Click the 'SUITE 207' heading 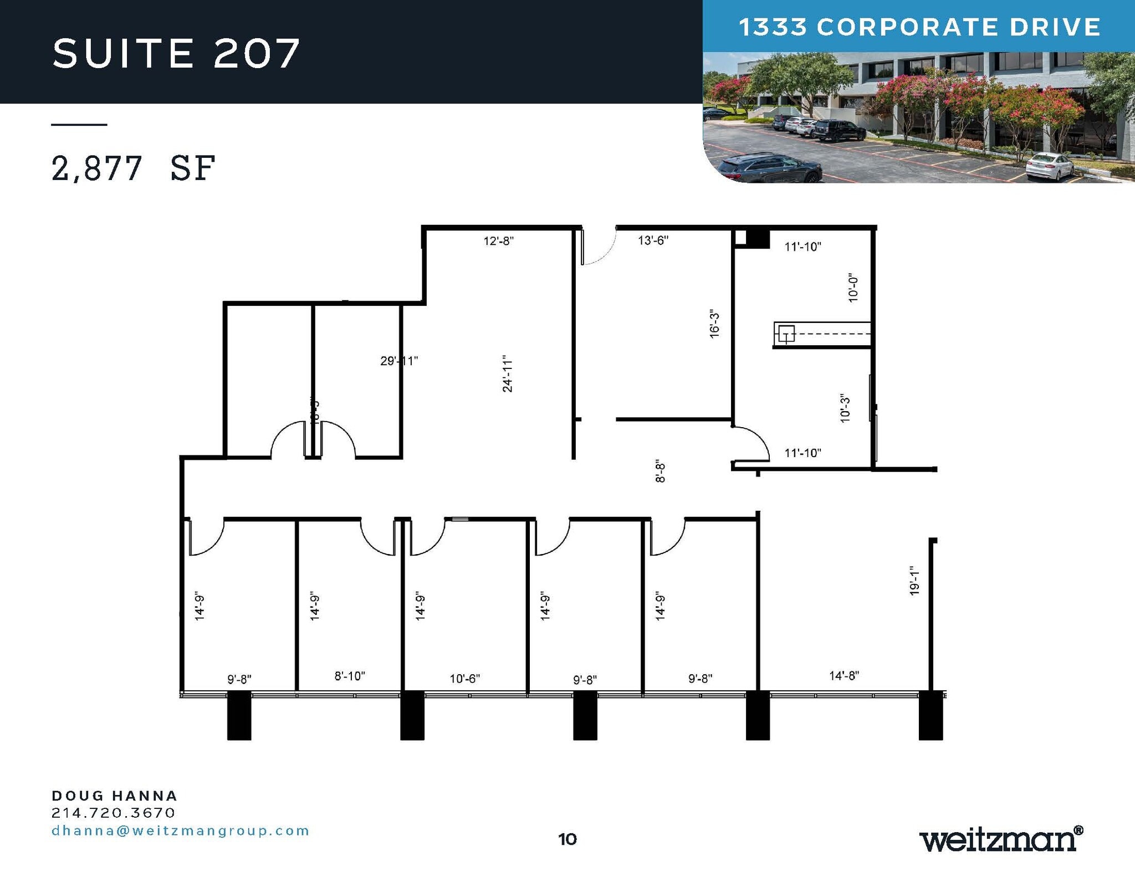176,54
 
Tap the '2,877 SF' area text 133,168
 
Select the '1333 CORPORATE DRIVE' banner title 919,27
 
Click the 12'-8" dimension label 498,241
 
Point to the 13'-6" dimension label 653,240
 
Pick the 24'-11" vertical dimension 508,375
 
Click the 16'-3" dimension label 714,325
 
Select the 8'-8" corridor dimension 660,471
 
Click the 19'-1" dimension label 914,581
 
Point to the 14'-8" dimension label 843,675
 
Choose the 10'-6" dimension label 464,679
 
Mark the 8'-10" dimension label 350,676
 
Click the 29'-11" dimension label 399,361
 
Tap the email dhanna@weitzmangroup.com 181,830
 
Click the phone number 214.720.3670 114,813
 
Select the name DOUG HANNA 115,796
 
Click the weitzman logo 1001,839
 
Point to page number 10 567,839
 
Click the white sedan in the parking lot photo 1049,166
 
